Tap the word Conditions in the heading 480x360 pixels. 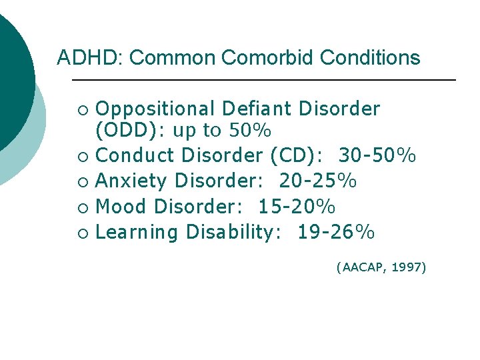tap(370, 58)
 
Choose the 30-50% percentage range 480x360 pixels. tap(377, 156)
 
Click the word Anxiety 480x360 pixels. tap(133, 181)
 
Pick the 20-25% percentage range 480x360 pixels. tap(318, 181)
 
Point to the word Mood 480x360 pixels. tap(121, 207)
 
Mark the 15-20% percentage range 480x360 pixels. tap(297, 207)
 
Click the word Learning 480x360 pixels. tap(137, 233)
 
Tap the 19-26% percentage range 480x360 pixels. tap(336, 233)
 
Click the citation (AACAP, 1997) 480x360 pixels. tap(381, 268)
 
